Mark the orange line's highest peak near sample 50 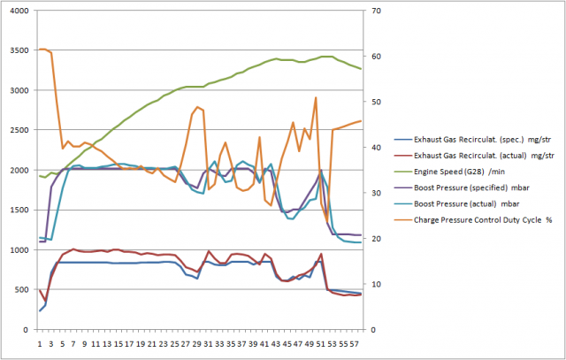pyautogui.click(x=316, y=97)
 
